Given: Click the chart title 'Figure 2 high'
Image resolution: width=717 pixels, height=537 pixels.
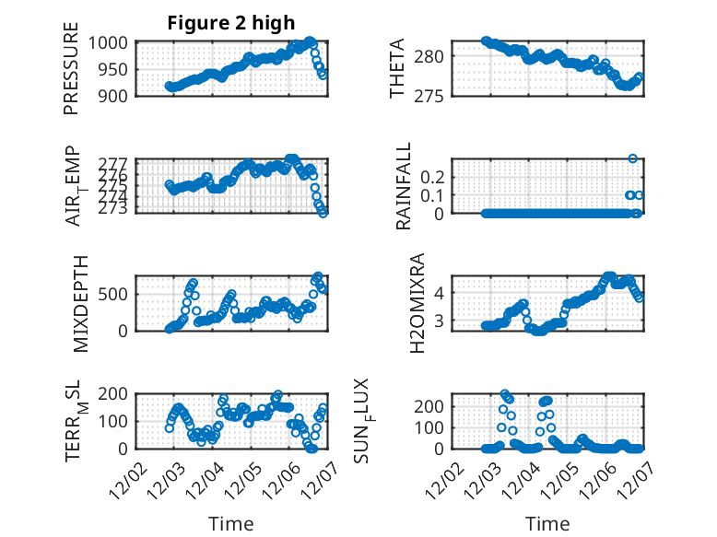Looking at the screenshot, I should click(231, 24).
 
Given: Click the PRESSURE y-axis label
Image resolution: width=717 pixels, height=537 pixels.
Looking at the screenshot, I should click(71, 69).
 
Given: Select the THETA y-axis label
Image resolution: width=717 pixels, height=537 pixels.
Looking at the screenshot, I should click(397, 69).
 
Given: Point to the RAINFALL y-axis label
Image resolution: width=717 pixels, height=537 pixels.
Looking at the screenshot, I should click(404, 186).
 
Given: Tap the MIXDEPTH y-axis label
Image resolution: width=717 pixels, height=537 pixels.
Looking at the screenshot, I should click(78, 303).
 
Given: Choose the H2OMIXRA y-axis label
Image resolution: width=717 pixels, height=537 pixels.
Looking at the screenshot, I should click(417, 303).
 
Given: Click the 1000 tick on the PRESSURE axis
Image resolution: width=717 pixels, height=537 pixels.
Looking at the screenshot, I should click(112, 42).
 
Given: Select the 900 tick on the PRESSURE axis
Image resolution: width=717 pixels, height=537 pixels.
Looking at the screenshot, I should click(117, 95).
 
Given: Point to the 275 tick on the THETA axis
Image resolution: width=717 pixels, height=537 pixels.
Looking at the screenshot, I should click(438, 95).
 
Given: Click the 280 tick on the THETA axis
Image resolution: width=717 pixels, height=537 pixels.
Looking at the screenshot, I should click(438, 56).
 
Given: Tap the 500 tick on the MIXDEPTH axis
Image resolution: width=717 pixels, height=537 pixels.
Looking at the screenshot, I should click(117, 295).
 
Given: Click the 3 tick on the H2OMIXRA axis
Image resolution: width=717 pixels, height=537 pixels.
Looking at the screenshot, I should click(445, 321).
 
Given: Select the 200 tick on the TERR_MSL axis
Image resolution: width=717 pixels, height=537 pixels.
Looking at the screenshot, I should click(117, 394).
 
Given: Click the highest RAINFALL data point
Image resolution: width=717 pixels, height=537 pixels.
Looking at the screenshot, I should click(633, 158).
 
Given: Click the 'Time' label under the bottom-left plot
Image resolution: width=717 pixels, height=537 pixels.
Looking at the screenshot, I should click(231, 524).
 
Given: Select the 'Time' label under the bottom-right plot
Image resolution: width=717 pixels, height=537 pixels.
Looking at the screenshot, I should click(547, 524).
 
